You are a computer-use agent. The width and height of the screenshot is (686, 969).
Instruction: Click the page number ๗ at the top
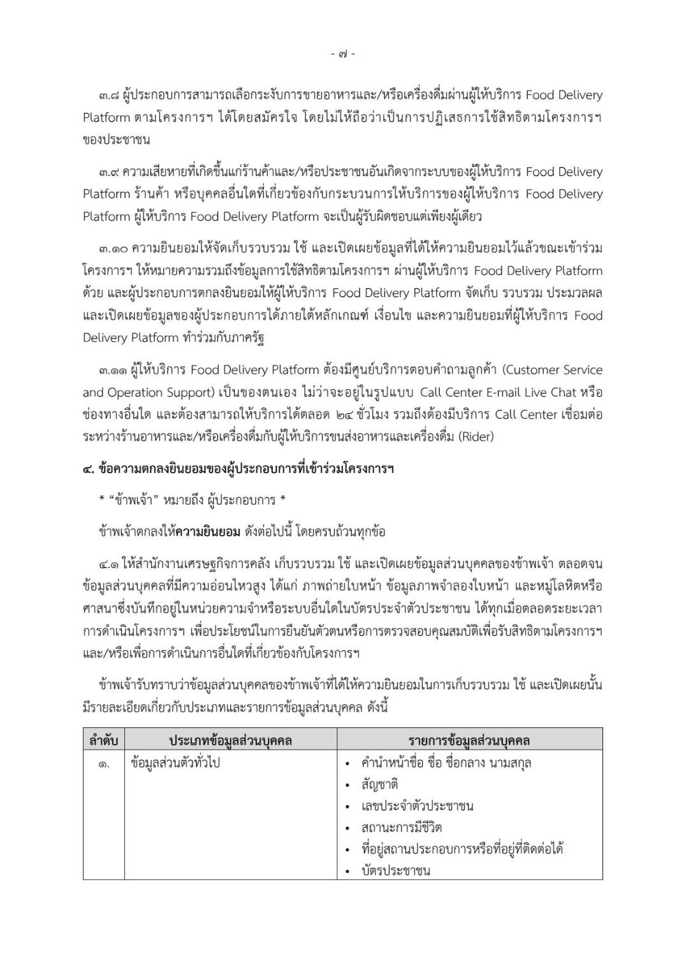tap(343, 55)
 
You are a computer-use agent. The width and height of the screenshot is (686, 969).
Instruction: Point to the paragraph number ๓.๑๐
tap(112, 249)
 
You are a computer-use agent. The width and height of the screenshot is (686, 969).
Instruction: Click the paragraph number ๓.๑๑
tap(112, 370)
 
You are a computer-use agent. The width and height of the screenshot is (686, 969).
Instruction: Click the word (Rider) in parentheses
tap(472, 437)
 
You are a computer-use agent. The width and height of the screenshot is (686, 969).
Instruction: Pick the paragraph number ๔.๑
tap(109, 564)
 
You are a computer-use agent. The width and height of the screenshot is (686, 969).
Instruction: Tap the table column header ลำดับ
tap(103, 741)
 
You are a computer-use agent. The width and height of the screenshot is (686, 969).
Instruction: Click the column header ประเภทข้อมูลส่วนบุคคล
tap(230, 741)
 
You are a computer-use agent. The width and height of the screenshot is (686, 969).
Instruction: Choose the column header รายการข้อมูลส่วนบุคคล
tap(469, 741)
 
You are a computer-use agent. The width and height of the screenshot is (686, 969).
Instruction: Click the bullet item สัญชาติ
tap(379, 785)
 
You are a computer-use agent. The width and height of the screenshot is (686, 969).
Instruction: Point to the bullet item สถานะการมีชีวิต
tap(401, 828)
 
